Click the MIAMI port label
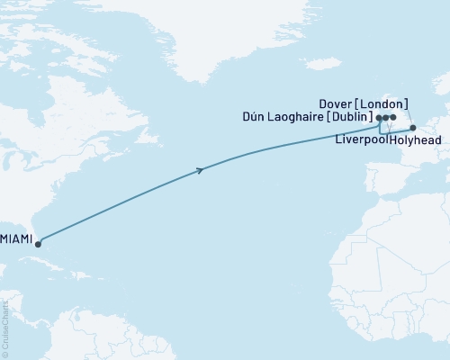pos(17,238)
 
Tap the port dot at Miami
pos(38,244)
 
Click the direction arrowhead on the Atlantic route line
pos(199,169)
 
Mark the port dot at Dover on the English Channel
pos(413,128)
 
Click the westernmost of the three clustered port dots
pos(379,118)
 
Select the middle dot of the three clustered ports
pos(385,118)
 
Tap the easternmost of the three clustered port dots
pos(393,118)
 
